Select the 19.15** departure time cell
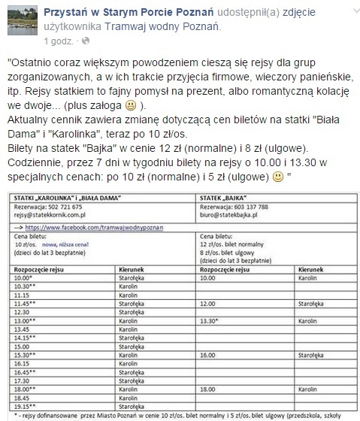tap(30, 404)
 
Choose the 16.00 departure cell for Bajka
tap(211, 354)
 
